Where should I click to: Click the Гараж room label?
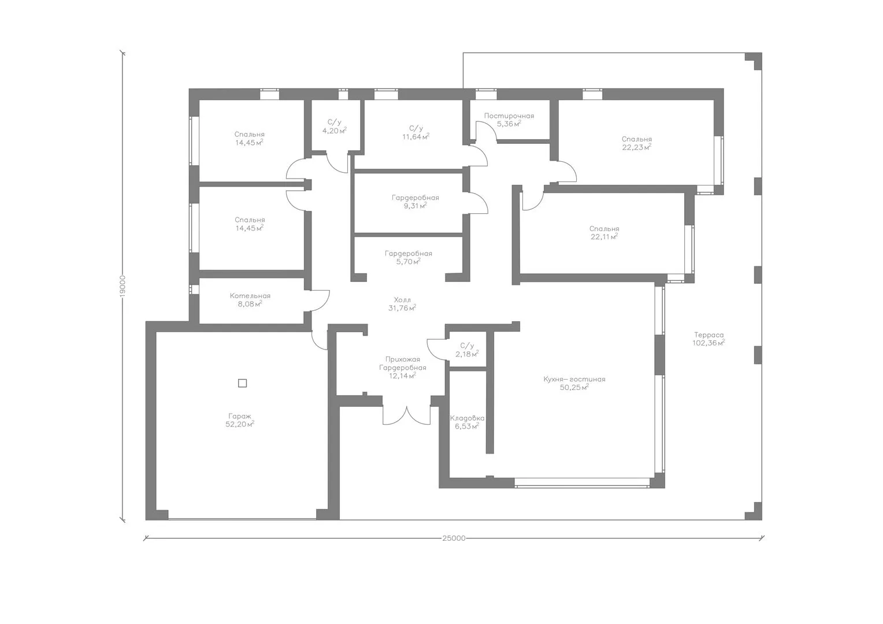[239, 416]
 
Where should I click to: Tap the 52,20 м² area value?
[240, 424]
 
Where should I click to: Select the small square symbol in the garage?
[243, 382]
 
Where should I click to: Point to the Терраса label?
[708, 335]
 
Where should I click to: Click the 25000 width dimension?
[454, 538]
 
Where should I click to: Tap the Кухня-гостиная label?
[574, 379]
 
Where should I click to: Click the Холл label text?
[402, 300]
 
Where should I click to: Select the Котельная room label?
[250, 296]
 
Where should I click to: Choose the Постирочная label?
[509, 116]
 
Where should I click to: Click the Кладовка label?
[467, 418]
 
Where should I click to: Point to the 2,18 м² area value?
[467, 354]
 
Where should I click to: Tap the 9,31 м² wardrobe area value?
[415, 206]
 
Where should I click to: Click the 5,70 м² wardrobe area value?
[409, 261]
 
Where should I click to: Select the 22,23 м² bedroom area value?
[637, 147]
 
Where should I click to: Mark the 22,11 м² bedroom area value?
[604, 236]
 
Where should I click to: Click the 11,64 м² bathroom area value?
[416, 137]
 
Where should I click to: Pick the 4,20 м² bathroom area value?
[335, 131]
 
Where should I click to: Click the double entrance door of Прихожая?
[406, 415]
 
